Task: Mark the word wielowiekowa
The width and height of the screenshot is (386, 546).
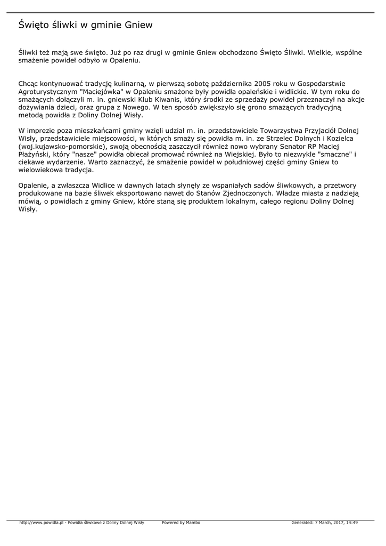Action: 40,170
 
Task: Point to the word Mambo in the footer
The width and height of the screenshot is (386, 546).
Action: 193,523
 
